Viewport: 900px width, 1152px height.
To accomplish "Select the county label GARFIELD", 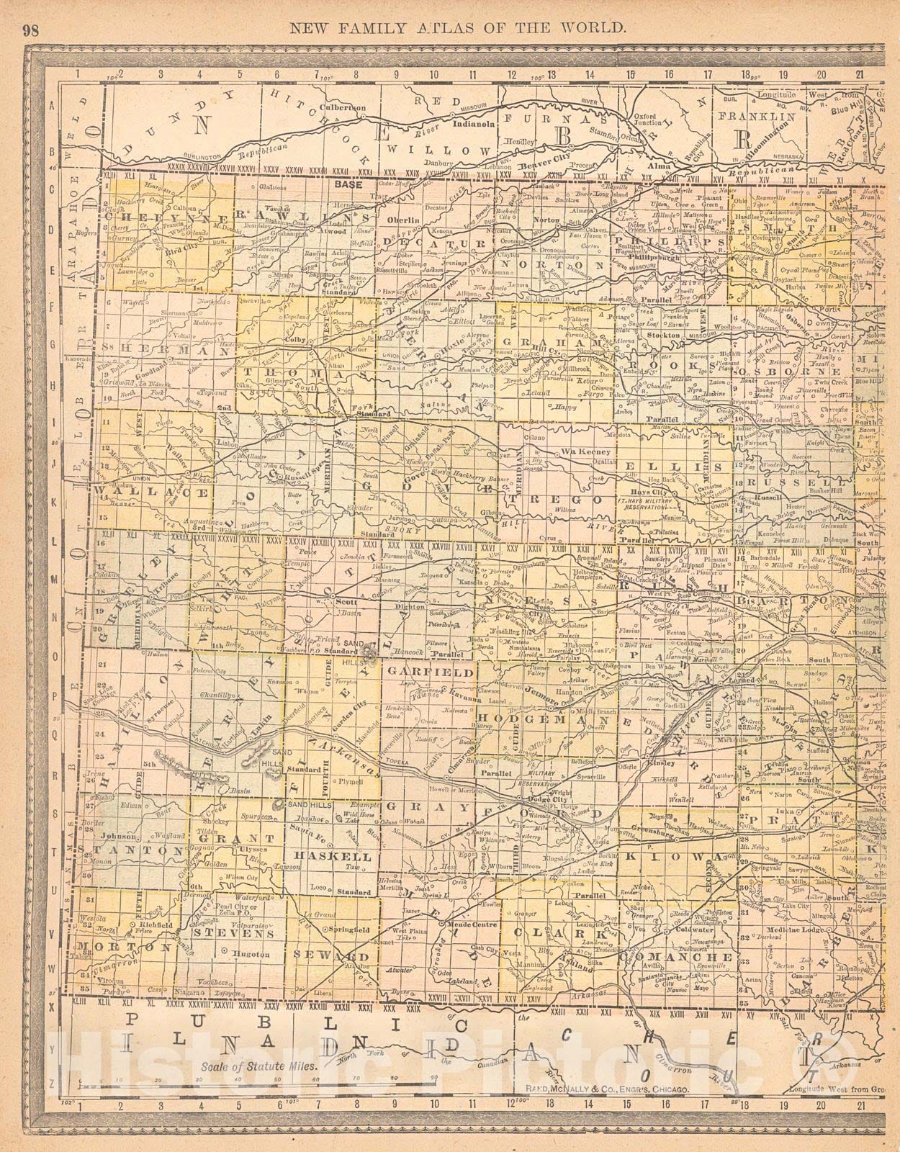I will (430, 671).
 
